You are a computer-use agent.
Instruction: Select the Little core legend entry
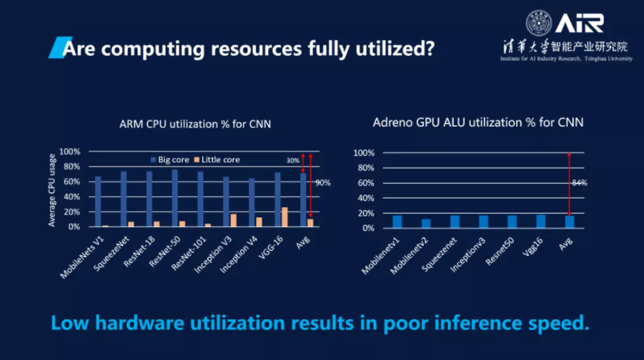(220, 159)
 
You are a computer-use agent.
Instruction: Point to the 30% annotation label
(292, 161)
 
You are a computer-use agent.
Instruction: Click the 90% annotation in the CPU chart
(322, 183)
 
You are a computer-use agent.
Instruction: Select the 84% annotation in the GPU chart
(581, 183)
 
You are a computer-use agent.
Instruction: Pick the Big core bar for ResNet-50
(174, 198)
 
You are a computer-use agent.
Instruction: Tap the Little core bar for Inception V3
(233, 220)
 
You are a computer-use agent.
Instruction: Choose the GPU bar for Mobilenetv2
(426, 223)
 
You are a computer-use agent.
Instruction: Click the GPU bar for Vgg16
(541, 221)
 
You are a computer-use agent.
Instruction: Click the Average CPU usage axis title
(52, 189)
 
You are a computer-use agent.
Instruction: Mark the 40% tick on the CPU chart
(70, 197)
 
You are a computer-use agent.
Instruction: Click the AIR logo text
(580, 21)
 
